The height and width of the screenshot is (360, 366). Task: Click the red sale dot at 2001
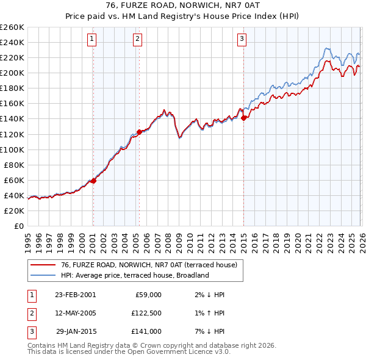click(93, 181)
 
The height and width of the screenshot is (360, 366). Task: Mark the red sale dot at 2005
click(139, 132)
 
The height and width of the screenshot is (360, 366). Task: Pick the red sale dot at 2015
click(244, 118)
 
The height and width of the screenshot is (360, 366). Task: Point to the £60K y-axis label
click(14, 180)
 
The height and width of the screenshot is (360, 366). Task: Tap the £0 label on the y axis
click(18, 226)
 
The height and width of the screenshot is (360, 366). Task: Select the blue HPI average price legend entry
click(135, 275)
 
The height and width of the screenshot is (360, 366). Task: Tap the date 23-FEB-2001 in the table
click(75, 295)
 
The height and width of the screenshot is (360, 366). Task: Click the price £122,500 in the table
click(146, 313)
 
